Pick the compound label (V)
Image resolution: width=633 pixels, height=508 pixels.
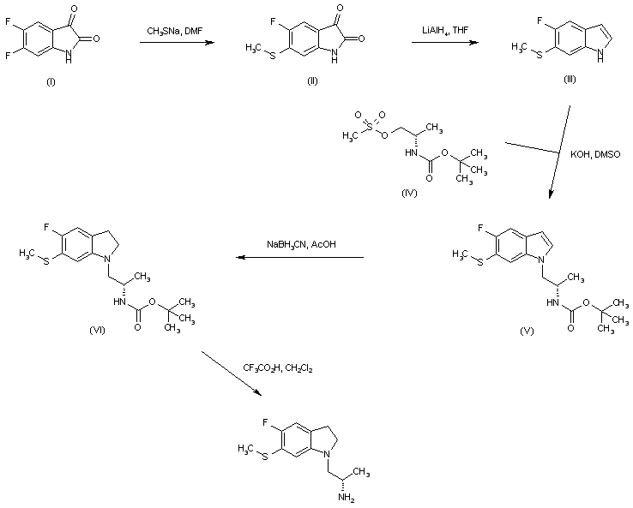(527, 330)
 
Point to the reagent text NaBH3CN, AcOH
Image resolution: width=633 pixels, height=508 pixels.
(300, 245)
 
